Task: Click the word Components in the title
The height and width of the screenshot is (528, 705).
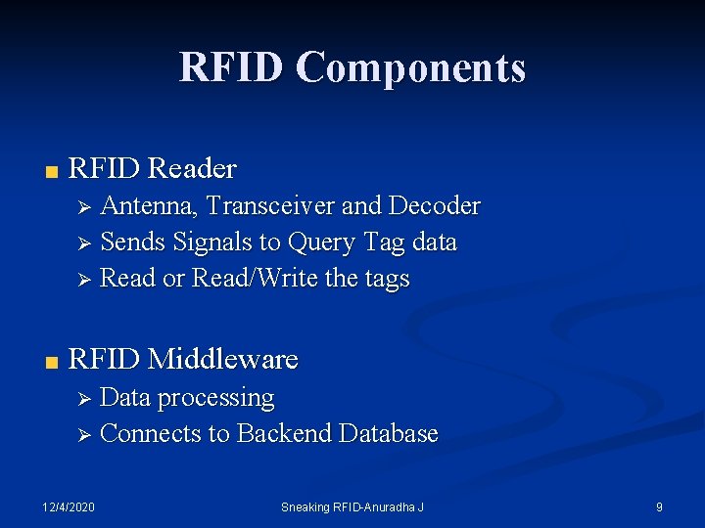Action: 411,67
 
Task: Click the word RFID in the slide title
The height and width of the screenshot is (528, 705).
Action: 232,67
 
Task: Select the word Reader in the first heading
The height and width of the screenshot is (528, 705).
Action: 192,168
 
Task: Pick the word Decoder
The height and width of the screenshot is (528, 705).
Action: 435,205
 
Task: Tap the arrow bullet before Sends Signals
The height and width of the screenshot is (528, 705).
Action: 84,242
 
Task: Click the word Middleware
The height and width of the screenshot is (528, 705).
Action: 222,359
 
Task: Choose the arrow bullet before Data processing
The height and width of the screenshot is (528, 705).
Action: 84,399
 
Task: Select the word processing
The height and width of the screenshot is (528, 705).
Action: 215,399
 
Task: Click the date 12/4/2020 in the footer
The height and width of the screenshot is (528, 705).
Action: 69,506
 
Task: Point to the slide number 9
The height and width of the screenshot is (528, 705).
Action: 659,506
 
